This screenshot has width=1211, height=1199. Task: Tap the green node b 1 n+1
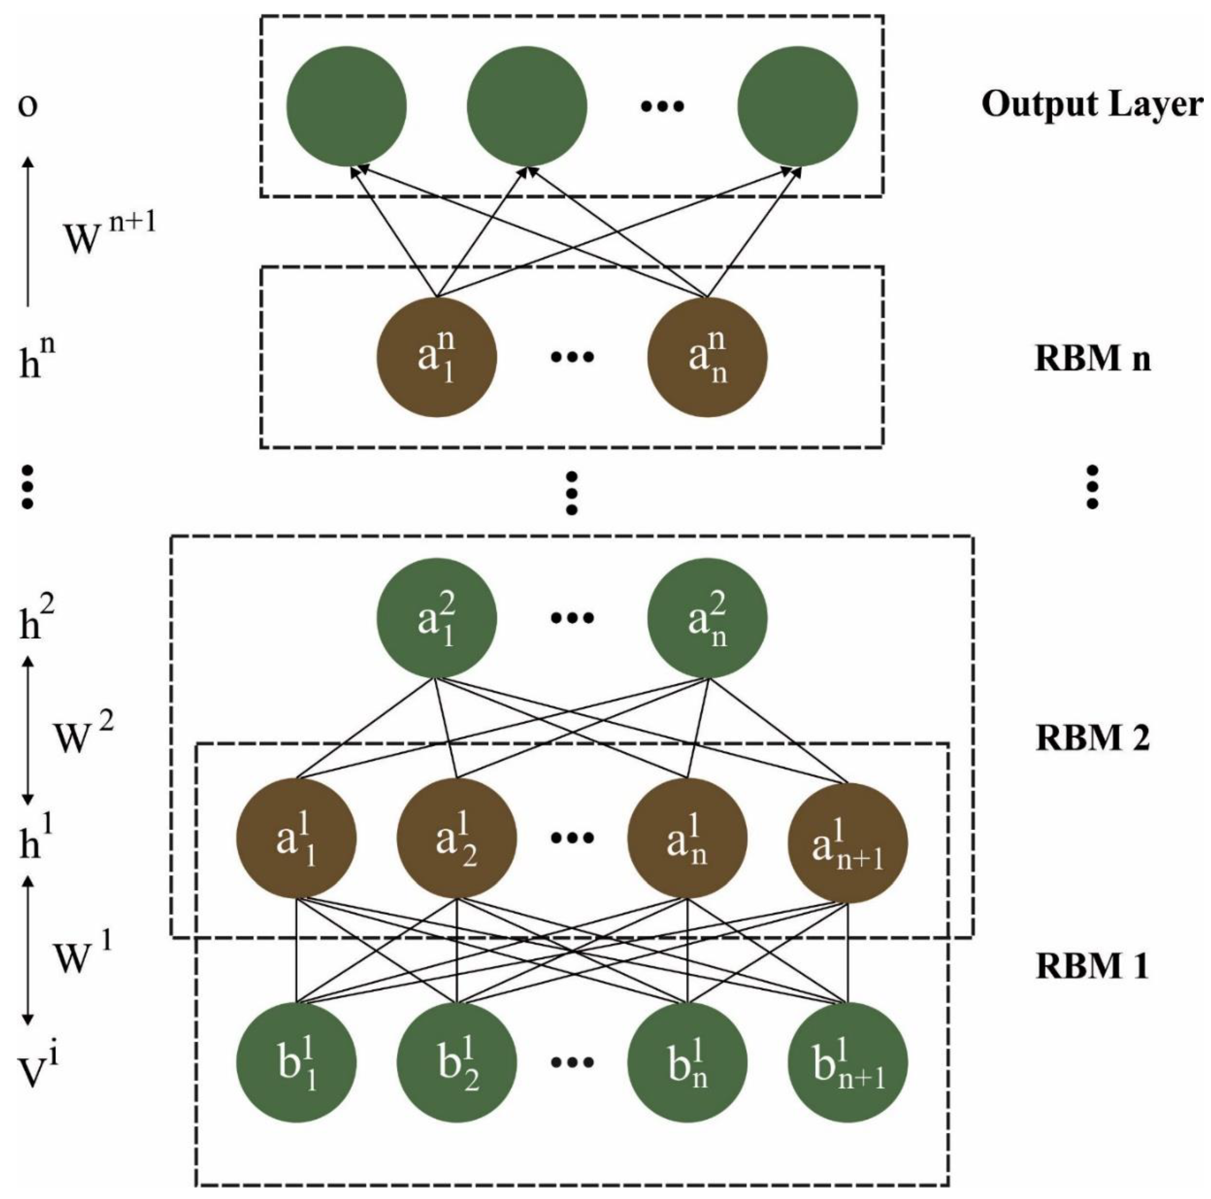tap(847, 1062)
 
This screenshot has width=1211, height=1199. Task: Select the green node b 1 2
tap(457, 1062)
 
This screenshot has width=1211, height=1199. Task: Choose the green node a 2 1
tap(437, 618)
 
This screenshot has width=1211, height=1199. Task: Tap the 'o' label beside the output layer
tap(27, 105)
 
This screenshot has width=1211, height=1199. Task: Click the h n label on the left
tap(36, 359)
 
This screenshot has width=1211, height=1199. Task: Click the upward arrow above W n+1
tap(27, 232)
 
